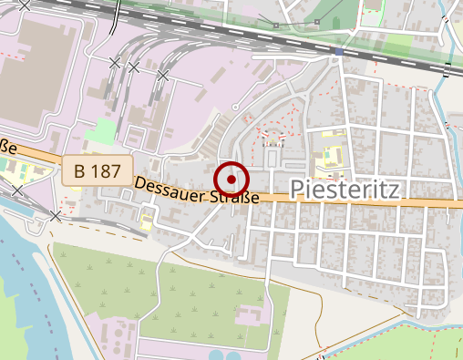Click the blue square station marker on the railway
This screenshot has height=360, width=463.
(339, 52)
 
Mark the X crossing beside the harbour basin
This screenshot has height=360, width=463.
(57, 216)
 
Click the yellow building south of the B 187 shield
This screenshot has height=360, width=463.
(147, 219)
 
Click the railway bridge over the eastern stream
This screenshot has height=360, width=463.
(447, 68)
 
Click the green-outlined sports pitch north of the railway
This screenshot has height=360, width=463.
(372, 13)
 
